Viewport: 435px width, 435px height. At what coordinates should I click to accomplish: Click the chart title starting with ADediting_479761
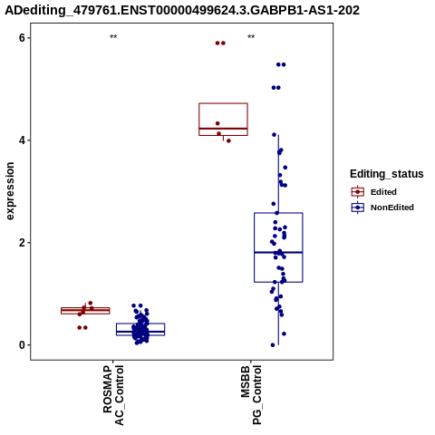(182, 10)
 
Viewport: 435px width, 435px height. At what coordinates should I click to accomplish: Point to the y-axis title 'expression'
(10, 191)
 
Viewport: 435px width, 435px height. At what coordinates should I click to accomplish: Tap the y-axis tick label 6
(22, 38)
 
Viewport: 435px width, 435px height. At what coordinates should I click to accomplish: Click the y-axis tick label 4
(22, 140)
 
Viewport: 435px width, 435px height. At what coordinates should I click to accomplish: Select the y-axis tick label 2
(22, 243)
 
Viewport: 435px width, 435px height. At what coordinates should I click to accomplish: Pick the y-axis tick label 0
(22, 344)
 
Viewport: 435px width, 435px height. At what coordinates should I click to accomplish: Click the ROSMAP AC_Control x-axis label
(113, 395)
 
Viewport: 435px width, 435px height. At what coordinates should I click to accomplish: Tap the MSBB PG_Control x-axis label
(251, 395)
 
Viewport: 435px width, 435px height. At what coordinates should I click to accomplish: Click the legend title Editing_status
(387, 174)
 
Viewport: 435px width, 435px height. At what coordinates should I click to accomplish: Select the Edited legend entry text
(383, 192)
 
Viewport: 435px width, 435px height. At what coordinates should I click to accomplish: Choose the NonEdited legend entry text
(392, 208)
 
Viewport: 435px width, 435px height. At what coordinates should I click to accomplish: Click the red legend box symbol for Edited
(358, 192)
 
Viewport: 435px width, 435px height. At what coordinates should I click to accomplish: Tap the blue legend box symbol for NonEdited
(358, 208)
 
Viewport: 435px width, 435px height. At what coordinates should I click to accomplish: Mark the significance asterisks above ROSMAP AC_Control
(113, 37)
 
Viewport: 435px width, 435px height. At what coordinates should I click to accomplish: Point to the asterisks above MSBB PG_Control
(251, 37)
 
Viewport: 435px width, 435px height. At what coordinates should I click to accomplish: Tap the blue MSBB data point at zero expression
(273, 345)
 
